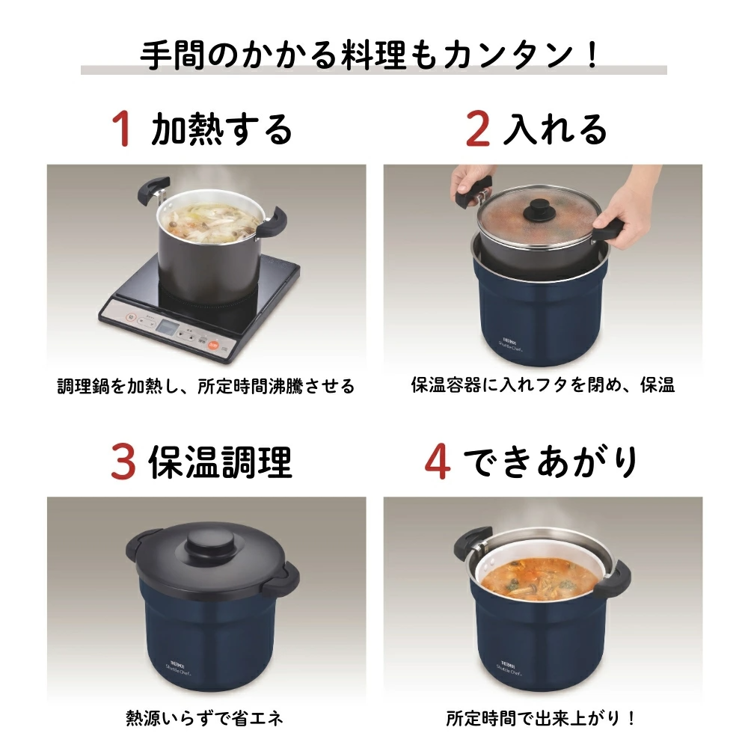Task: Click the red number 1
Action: [122, 128]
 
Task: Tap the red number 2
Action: [477, 128]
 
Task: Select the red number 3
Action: [123, 461]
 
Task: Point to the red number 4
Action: [438, 461]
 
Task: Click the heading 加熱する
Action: [221, 129]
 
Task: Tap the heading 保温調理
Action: [220, 462]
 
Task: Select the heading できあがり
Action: [551, 462]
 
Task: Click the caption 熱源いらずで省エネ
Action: [205, 718]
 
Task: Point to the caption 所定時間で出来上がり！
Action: [542, 718]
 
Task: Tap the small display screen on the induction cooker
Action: [167, 328]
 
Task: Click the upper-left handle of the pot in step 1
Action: [153, 189]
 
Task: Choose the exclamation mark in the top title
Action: [593, 54]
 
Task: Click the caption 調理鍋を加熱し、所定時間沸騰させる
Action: [206, 386]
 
